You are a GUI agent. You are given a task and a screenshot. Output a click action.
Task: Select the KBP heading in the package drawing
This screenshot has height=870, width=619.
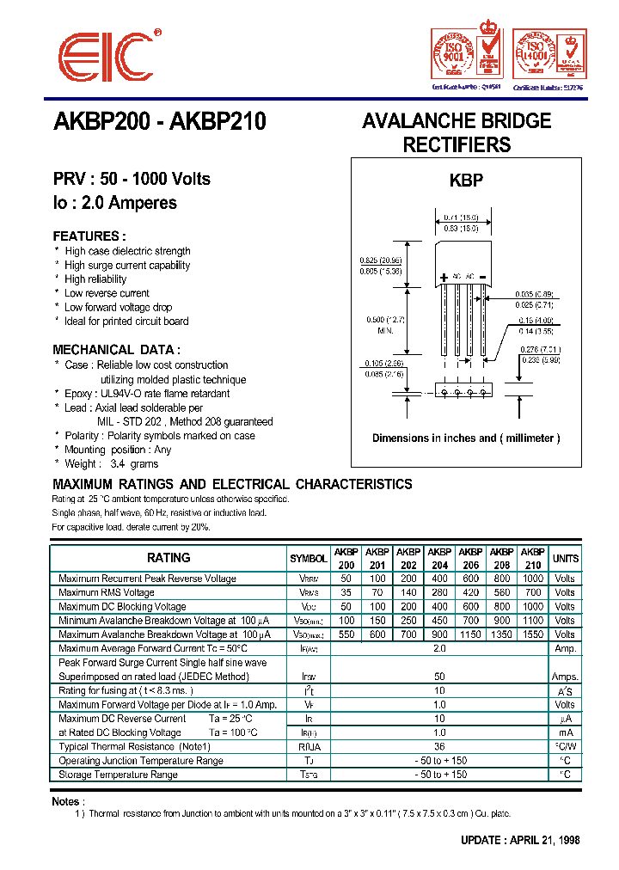click(x=466, y=181)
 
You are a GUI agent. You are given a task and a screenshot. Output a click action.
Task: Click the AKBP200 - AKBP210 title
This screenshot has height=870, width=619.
click(x=160, y=122)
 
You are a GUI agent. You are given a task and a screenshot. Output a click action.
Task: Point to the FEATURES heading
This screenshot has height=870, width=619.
click(x=89, y=236)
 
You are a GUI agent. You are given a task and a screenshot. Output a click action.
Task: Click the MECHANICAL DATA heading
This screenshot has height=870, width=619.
click(x=116, y=350)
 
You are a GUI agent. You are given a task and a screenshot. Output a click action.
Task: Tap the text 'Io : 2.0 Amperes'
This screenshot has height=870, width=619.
click(x=114, y=203)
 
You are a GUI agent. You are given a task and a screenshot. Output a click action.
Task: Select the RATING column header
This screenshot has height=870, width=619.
click(x=169, y=558)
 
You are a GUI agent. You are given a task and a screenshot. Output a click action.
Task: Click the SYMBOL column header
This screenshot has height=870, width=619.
click(x=309, y=559)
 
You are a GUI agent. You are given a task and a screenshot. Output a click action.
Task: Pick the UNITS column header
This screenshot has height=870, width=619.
click(x=565, y=559)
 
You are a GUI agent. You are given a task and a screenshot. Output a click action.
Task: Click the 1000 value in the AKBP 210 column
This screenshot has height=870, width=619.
click(x=533, y=579)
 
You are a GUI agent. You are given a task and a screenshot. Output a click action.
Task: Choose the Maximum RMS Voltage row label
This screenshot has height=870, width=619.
click(x=107, y=592)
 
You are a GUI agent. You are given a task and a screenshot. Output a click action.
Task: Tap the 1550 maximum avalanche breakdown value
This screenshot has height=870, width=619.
click(x=533, y=634)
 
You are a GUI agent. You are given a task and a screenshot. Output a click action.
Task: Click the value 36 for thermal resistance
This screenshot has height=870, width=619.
click(x=439, y=746)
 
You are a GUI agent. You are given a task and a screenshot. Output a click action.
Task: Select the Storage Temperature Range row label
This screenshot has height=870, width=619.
click(x=118, y=775)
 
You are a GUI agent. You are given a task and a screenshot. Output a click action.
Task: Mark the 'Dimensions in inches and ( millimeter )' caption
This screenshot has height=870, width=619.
click(x=466, y=438)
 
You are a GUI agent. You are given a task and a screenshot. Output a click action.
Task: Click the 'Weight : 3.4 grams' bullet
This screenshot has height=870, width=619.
click(x=111, y=463)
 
